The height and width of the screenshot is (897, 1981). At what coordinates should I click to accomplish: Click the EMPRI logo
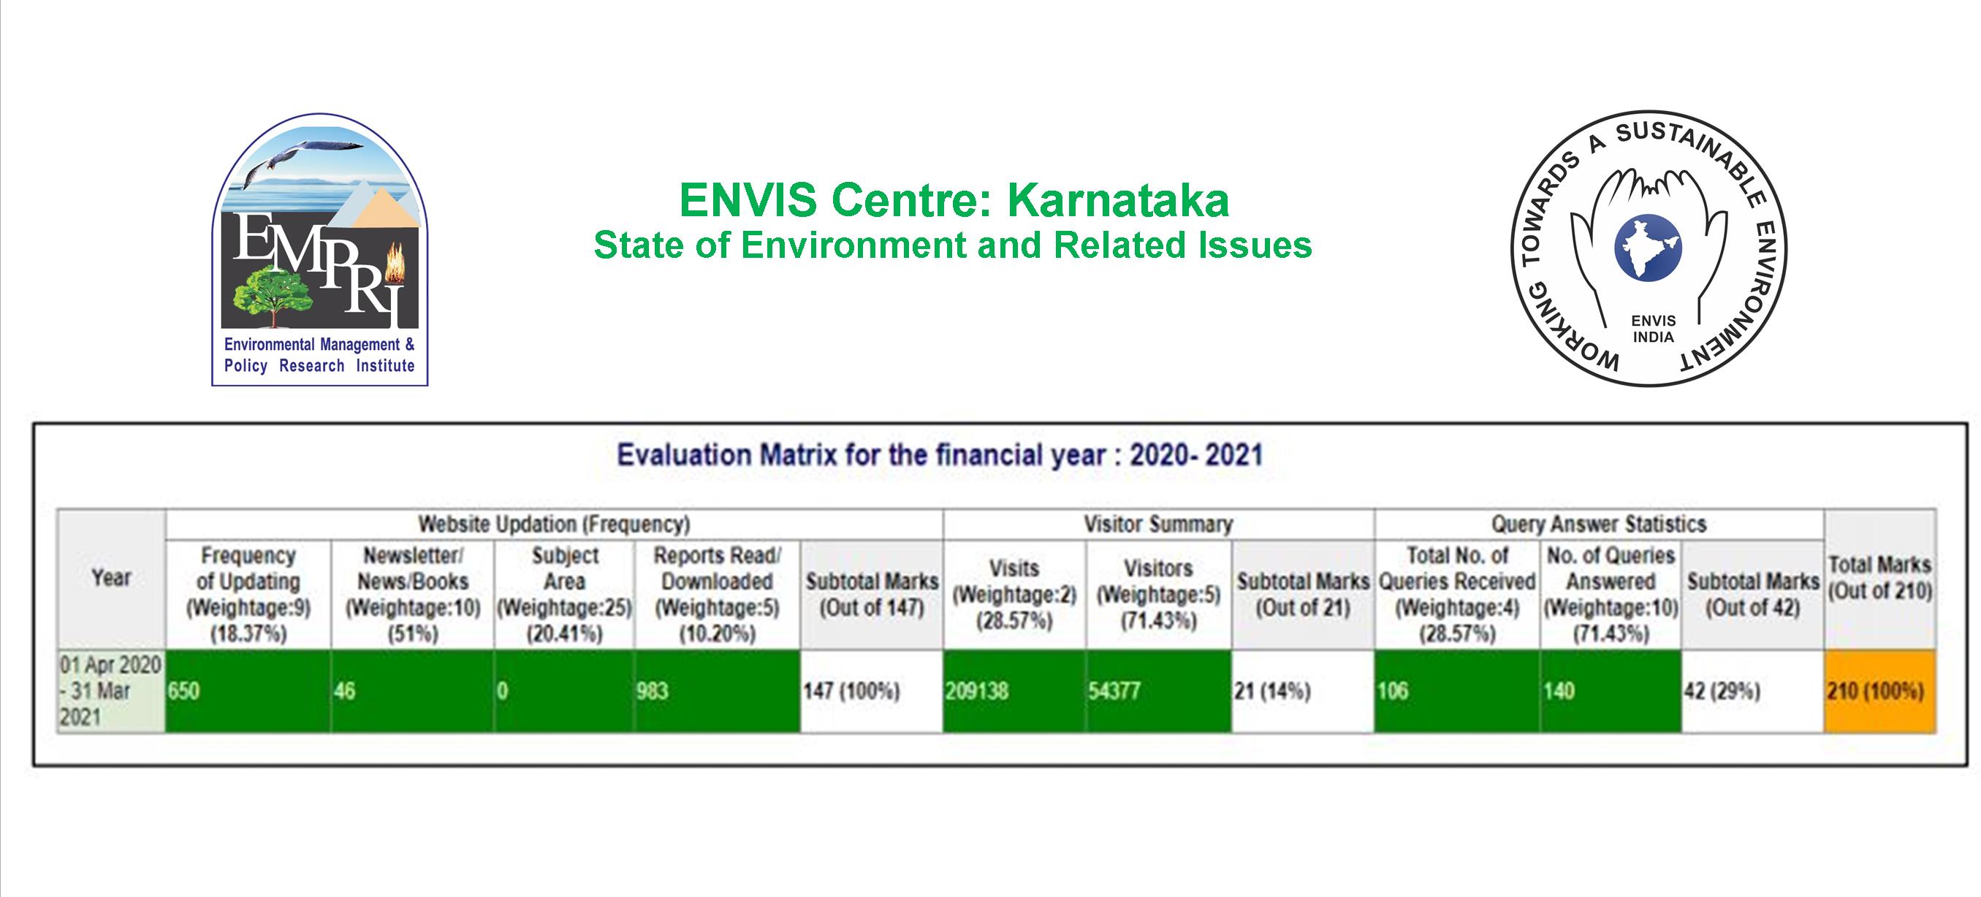pyautogui.click(x=320, y=250)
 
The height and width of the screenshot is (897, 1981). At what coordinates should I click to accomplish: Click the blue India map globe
pyautogui.click(x=1648, y=248)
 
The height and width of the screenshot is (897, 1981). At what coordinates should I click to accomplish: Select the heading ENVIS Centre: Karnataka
pyautogui.click(x=954, y=200)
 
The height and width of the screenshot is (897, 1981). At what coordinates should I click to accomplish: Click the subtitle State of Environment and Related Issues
pyautogui.click(x=953, y=245)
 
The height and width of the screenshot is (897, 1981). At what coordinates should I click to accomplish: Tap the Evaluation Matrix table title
pyautogui.click(x=940, y=455)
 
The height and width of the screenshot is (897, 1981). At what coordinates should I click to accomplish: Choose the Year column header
pyautogui.click(x=112, y=578)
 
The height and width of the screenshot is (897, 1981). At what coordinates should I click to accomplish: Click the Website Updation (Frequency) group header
pyautogui.click(x=554, y=524)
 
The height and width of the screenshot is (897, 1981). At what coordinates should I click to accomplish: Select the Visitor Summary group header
pyautogui.click(x=1158, y=524)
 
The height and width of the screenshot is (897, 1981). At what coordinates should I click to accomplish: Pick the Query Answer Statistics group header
pyautogui.click(x=1599, y=524)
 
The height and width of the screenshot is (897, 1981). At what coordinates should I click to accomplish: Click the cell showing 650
pyautogui.click(x=248, y=691)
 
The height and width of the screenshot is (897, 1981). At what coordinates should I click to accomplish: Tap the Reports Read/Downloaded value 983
pyautogui.click(x=718, y=691)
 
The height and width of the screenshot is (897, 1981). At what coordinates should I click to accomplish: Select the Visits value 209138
pyautogui.click(x=1014, y=691)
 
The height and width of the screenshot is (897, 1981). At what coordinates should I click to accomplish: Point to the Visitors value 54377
pyautogui.click(x=1159, y=691)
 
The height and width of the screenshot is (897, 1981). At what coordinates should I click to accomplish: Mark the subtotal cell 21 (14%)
pyautogui.click(x=1303, y=691)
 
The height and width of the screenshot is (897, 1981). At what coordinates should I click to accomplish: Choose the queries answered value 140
pyautogui.click(x=1611, y=691)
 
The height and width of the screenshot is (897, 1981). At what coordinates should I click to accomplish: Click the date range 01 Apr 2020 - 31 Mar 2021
pyautogui.click(x=112, y=691)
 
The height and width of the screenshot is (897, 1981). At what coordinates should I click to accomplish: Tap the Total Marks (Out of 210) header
pyautogui.click(x=1879, y=578)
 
